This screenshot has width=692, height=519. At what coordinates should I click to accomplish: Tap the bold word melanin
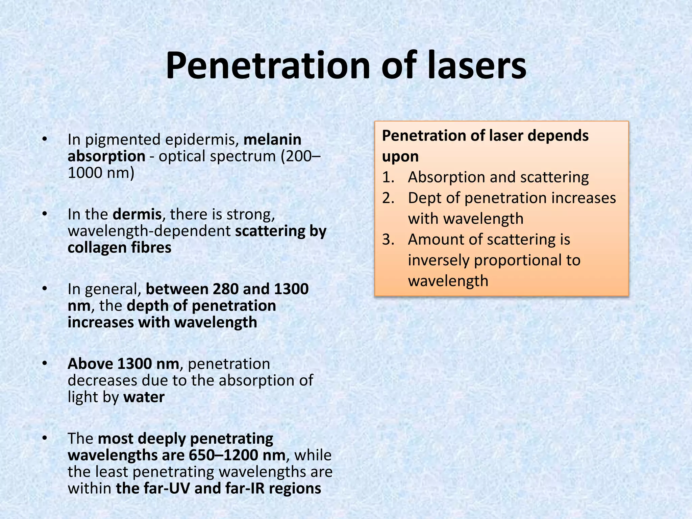272,140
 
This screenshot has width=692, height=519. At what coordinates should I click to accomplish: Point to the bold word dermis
137,214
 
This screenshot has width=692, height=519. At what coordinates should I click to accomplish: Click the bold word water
144,397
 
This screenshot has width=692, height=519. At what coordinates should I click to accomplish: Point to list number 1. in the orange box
388,177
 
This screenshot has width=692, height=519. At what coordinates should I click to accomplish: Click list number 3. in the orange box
388,240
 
